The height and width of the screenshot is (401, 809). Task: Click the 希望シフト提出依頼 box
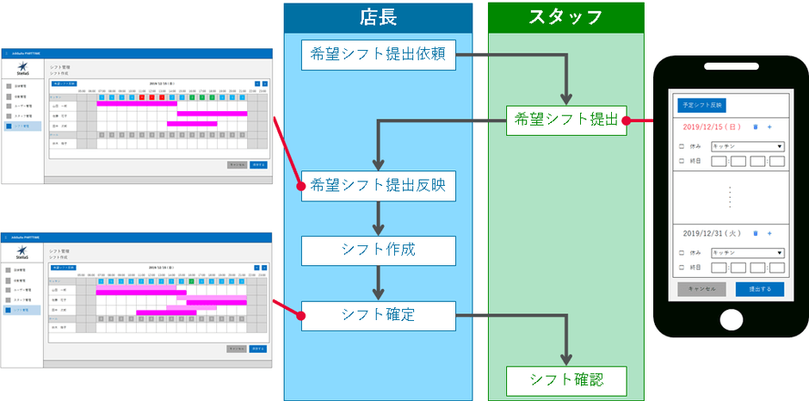(379, 56)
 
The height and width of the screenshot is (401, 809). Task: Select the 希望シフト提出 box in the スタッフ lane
(565, 120)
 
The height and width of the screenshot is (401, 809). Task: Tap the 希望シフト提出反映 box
(379, 186)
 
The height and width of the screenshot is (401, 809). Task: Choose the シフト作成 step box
(379, 250)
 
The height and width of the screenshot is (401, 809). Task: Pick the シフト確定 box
(379, 315)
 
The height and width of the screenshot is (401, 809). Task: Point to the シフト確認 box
(565, 379)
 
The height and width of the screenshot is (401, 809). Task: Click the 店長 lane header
(379, 17)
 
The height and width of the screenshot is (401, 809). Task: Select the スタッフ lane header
(565, 17)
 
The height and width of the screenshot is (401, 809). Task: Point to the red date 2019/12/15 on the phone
(710, 126)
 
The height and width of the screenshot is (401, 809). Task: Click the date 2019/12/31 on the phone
(710, 232)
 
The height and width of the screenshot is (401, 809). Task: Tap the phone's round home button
(730, 318)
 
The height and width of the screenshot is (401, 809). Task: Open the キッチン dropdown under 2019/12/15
(748, 146)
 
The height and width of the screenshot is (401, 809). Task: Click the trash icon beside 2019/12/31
(756, 232)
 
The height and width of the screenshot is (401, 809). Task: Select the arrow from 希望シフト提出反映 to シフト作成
(379, 219)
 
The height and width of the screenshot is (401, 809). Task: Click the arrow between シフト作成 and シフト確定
(379, 283)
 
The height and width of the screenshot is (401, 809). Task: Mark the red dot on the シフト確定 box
(300, 315)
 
